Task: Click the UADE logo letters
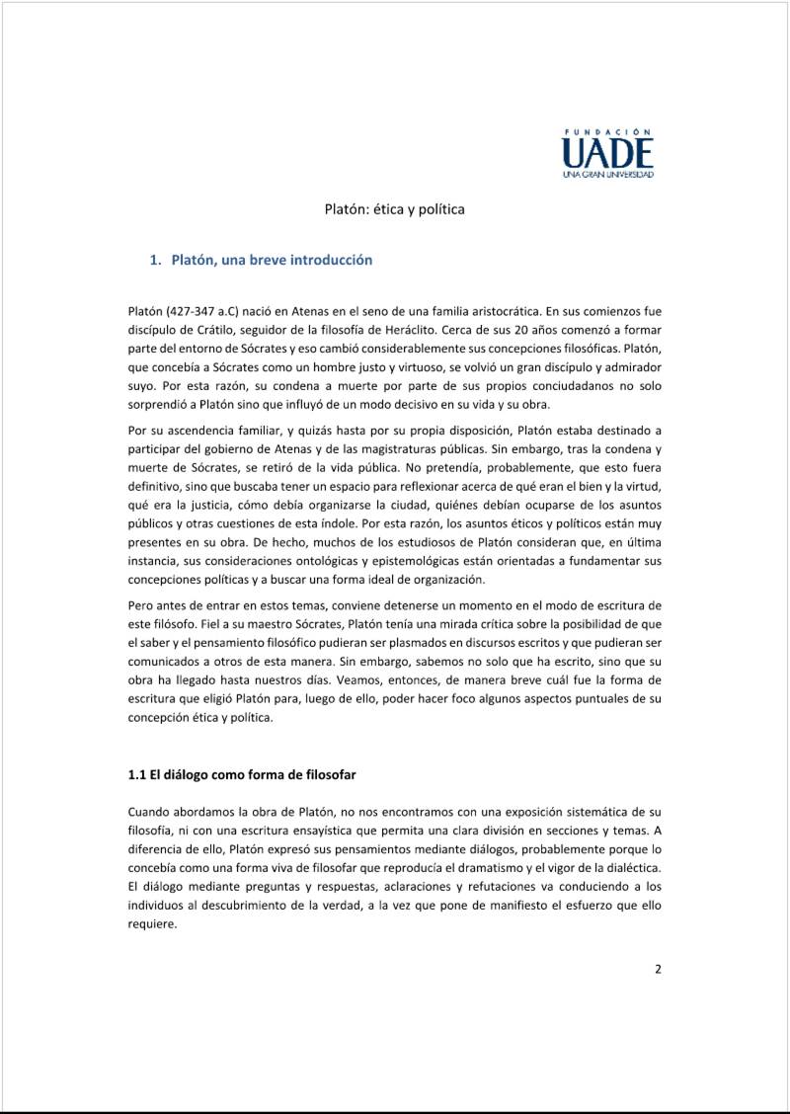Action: pyautogui.click(x=607, y=153)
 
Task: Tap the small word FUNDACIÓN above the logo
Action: pyautogui.click(x=607, y=131)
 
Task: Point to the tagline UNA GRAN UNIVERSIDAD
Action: pyautogui.click(x=607, y=175)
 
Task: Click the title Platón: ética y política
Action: pyautogui.click(x=395, y=209)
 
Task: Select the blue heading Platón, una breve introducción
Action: pyautogui.click(x=272, y=261)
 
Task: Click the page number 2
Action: pyautogui.click(x=658, y=969)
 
